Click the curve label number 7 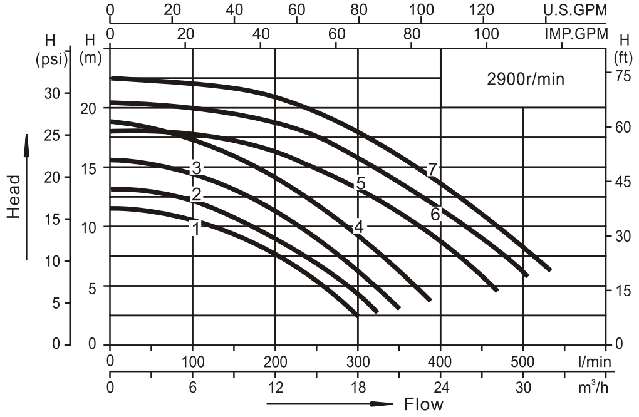(431, 169)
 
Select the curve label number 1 (195, 229)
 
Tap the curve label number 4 (358, 227)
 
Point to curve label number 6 (435, 214)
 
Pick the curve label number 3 (196, 168)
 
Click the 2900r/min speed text (526, 80)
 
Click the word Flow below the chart (423, 404)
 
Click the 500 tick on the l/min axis (522, 361)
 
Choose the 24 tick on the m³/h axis (440, 388)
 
